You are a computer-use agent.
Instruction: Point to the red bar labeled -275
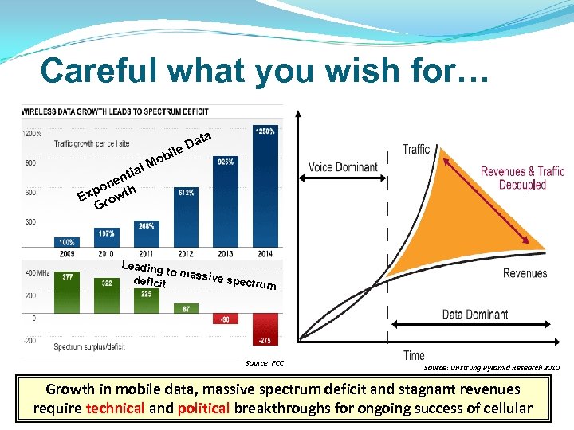point(265,329)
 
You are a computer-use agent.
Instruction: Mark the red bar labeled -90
point(226,319)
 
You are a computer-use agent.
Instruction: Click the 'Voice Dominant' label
point(343,166)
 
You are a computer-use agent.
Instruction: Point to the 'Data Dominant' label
point(475,315)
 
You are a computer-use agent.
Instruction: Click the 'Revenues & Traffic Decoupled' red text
point(522,178)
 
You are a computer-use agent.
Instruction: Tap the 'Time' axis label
point(414,355)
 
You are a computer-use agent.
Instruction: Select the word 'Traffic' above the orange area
point(416,149)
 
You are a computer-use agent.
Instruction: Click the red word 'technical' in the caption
point(117,408)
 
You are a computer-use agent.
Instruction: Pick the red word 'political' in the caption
point(205,408)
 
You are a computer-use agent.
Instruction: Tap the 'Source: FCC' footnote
point(265,363)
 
